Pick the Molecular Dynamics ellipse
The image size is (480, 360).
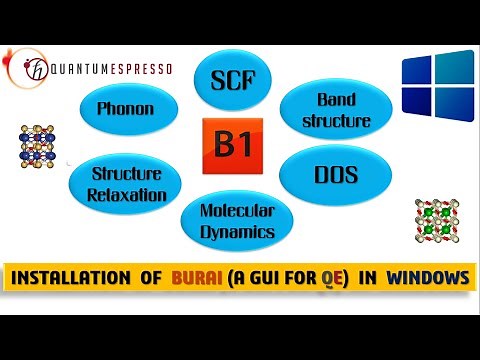[236, 219]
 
